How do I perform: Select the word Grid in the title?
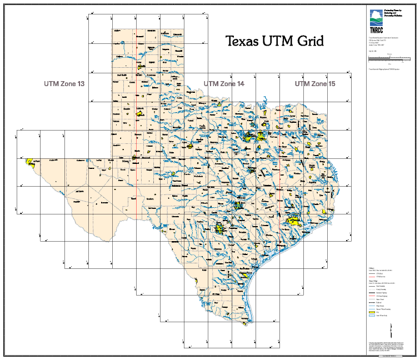coord(308,41)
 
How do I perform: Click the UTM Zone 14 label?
coord(224,84)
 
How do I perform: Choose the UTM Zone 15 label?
coord(315,84)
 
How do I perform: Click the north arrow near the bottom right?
coord(392,331)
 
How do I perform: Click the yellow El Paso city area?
coord(29,162)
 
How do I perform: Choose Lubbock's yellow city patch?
coord(139,112)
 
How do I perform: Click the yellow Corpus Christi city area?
coord(244,274)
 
